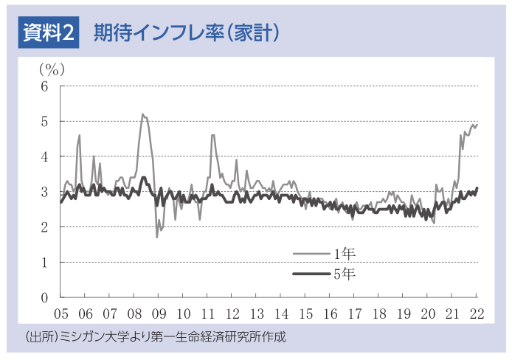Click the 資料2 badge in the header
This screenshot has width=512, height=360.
(x=48, y=32)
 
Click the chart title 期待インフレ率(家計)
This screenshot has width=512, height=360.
(x=185, y=32)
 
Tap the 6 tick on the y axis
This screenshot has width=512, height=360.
(x=44, y=86)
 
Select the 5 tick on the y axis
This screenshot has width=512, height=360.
(x=44, y=121)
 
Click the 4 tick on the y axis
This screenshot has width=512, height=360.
(x=44, y=156)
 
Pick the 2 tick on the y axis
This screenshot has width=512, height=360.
(x=44, y=227)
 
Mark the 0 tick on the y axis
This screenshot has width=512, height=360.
(x=44, y=297)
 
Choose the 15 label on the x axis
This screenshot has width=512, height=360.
(x=306, y=313)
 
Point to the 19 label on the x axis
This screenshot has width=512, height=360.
(x=404, y=313)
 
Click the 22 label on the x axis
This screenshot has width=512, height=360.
(x=477, y=313)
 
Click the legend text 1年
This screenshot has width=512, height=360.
(x=345, y=254)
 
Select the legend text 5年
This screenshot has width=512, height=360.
(x=345, y=274)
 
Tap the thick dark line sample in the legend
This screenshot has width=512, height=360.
(x=310, y=274)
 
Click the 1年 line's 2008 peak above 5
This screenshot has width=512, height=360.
(x=142, y=114)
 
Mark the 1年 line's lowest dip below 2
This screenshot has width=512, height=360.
(x=156, y=237)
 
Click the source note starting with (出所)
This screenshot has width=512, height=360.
(x=155, y=337)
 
